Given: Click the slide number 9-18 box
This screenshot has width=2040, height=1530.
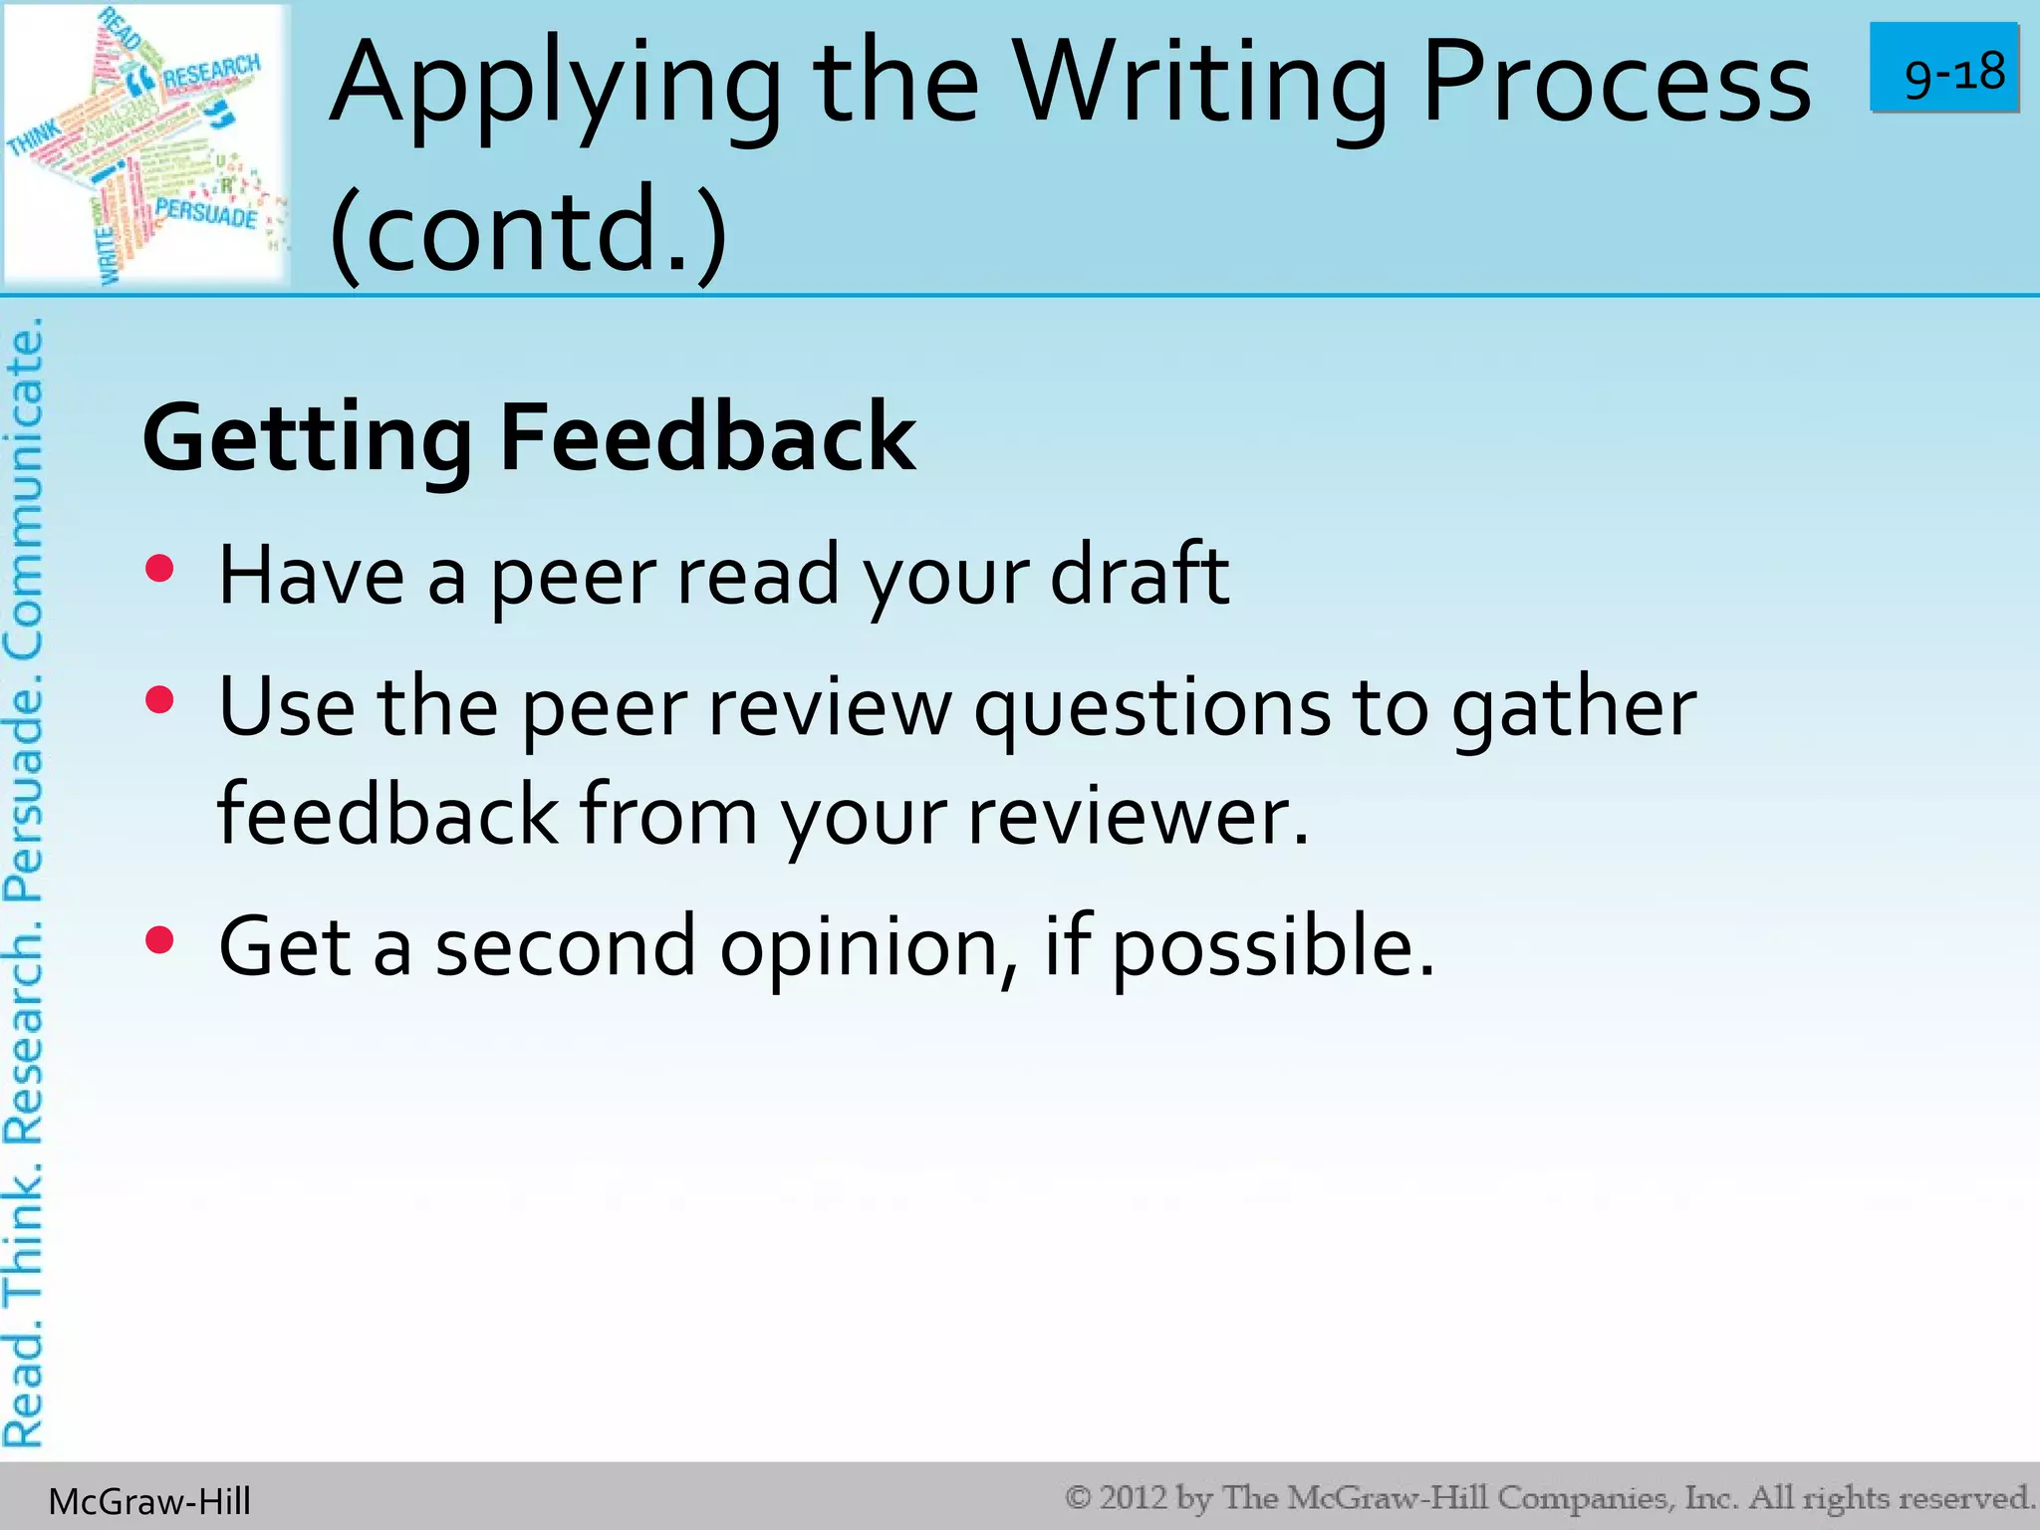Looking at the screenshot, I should pos(1944,69).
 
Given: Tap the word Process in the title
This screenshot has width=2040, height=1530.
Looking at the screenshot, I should pos(1616,84).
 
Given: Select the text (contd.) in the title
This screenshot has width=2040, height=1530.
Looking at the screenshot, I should pos(528,229).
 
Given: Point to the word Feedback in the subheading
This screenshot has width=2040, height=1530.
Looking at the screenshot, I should pos(707,437).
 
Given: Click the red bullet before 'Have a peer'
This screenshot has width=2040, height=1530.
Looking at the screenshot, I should pos(159,569).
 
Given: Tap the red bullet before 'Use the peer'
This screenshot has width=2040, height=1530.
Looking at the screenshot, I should pos(159,699).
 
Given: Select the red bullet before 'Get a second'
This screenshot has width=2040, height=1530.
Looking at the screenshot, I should pos(159,939).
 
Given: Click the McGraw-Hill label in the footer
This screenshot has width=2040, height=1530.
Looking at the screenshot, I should pos(149,1501).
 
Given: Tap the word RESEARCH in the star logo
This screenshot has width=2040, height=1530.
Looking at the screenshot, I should pos(211,73).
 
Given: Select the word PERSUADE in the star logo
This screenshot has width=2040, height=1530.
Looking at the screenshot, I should pos(206,212).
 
